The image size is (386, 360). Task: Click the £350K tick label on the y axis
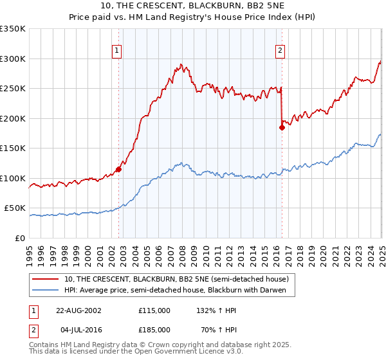(x=13, y=29)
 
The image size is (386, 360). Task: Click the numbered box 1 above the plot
(x=117, y=51)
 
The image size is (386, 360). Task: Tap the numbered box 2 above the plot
(x=280, y=51)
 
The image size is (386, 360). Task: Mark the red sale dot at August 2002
(x=119, y=170)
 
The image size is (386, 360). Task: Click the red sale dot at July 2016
(x=282, y=127)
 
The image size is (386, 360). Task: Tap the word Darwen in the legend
(x=280, y=290)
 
